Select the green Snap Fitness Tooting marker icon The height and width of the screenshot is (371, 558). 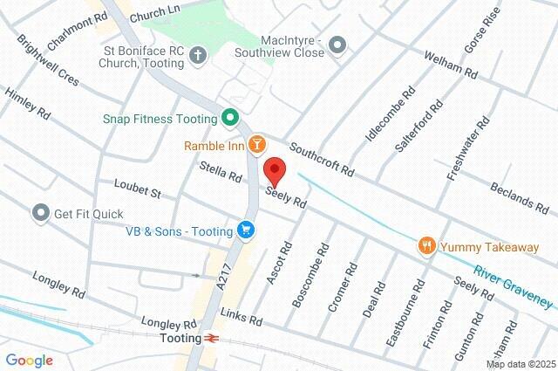pos(230,117)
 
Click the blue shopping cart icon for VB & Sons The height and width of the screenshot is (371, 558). pos(247,230)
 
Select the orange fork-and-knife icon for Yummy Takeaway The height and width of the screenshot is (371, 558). pos(426,247)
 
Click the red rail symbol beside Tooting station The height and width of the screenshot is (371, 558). pos(212,337)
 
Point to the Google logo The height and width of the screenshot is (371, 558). pos(29,361)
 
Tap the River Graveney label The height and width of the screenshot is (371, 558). pos(513,285)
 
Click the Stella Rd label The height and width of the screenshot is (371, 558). pos(220,171)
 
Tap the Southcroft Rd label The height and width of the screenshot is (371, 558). pos(322,159)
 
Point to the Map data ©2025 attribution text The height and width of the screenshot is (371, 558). pos(520,363)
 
